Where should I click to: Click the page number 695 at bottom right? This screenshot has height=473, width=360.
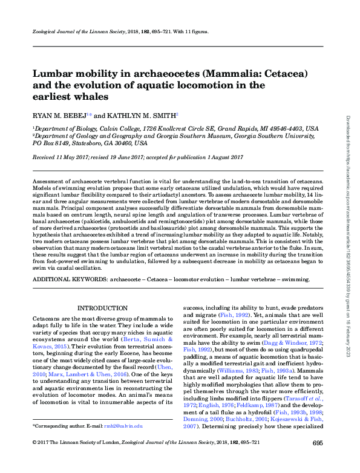(317, 460)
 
